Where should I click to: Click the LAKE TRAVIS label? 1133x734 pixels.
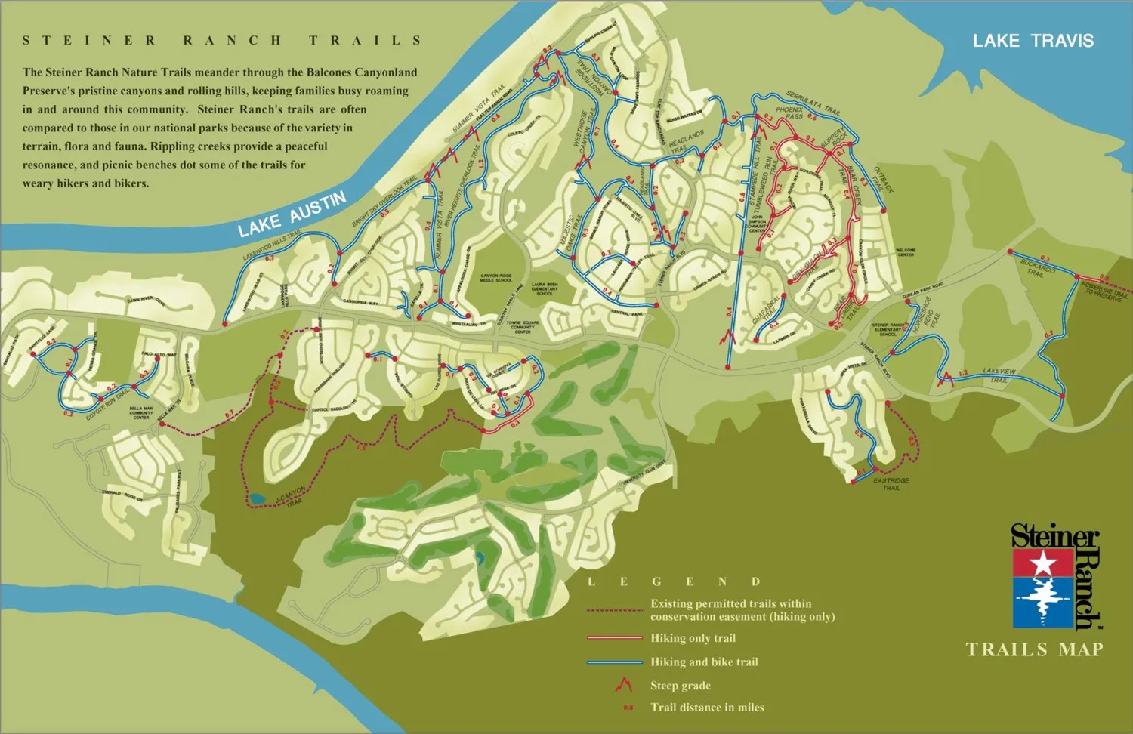(1033, 41)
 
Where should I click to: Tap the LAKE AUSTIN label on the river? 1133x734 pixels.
(292, 214)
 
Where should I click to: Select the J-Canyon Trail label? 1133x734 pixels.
(292, 497)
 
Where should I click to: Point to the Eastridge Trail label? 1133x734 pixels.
(891, 484)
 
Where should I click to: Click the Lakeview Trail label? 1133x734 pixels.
(999, 375)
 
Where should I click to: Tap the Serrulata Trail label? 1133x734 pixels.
(813, 103)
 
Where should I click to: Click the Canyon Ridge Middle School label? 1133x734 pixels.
(495, 278)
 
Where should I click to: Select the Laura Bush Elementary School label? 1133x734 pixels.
(544, 288)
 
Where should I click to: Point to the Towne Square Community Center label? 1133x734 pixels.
(523, 327)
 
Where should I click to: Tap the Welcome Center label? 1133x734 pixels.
(906, 252)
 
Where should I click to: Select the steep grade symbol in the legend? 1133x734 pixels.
(623, 685)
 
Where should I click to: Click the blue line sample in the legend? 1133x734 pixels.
(614, 662)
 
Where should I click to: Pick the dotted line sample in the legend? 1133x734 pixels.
(614, 610)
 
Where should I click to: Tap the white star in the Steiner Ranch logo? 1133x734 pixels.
(1043, 563)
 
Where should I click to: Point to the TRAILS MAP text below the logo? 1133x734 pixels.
(1034, 649)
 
